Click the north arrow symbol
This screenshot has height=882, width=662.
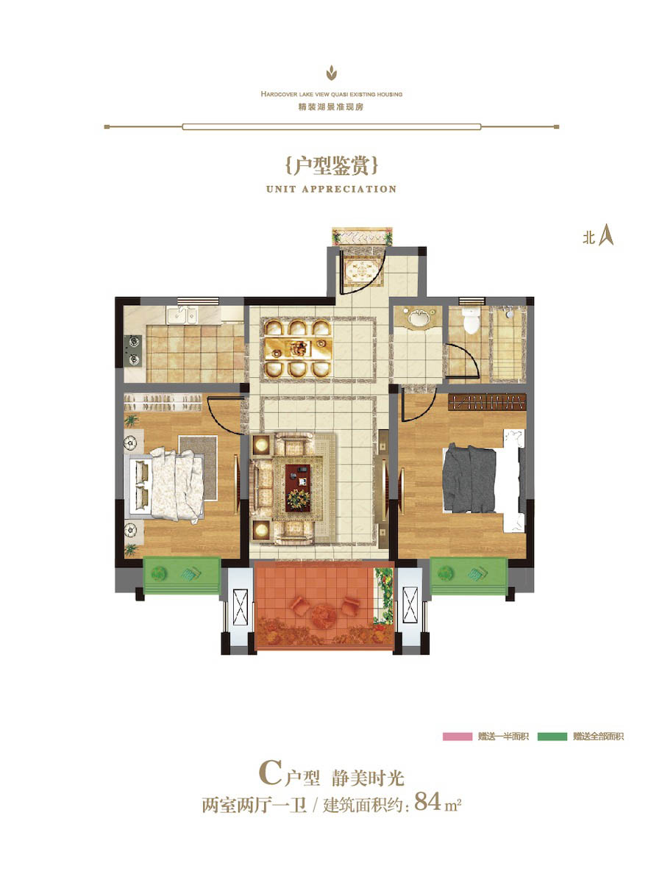(605, 236)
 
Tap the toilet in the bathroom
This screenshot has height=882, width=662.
(471, 320)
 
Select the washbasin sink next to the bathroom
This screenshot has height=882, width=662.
(418, 319)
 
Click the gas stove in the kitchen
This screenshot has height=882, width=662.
(133, 351)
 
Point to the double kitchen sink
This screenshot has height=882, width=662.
(181, 315)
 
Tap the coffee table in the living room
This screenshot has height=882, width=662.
(297, 487)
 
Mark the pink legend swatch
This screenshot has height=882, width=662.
(457, 736)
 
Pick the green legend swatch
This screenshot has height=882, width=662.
(552, 736)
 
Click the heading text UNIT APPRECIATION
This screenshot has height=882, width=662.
(331, 189)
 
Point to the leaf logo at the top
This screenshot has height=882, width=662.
(331, 73)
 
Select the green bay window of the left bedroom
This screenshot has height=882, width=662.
(182, 576)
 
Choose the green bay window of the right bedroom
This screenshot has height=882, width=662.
(468, 576)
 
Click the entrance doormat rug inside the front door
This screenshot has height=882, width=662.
(362, 272)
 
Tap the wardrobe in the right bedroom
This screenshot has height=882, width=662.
(486, 402)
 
